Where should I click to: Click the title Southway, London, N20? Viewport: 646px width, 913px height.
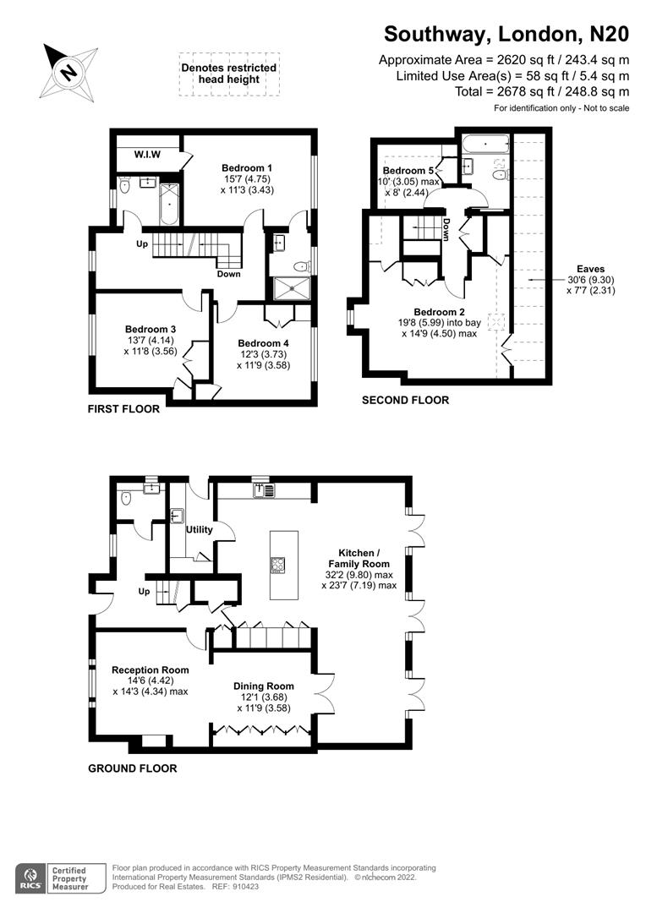coord(506,34)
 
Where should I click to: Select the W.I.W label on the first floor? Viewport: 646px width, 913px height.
coord(148,155)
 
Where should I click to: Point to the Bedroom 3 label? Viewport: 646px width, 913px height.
coord(151,329)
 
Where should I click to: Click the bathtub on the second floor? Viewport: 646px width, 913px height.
coord(484,145)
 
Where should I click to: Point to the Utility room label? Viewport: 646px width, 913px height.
coord(200,530)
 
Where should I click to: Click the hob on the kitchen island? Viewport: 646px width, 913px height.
coord(279,565)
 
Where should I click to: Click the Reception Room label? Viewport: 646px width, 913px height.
coord(150,670)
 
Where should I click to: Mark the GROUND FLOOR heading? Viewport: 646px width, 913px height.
coord(133,768)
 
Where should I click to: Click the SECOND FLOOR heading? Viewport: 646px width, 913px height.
coord(405,400)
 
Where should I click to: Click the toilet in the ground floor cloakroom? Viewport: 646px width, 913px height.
coord(127,498)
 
